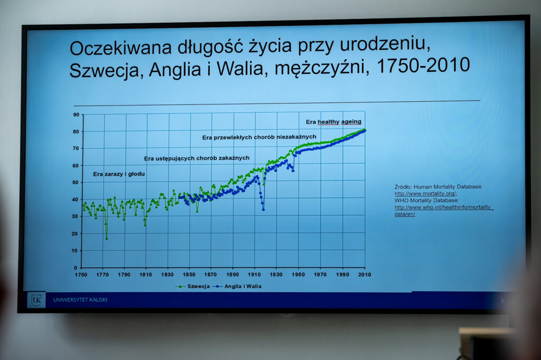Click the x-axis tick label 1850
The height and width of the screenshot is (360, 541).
coord(189,274)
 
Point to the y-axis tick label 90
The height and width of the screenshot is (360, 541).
coord(76,115)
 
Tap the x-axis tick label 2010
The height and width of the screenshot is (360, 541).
coord(365,274)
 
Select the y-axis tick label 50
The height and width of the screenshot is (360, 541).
coord(76,183)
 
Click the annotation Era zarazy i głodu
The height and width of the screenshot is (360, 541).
coord(119,174)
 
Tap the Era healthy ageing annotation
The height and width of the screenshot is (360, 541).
coord(334,122)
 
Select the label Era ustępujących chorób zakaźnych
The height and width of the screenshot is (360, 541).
coord(197,158)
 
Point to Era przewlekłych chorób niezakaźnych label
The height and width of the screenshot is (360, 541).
coord(259,137)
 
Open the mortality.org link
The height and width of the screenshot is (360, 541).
coord(425,193)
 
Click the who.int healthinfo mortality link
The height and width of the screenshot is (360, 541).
coord(444,210)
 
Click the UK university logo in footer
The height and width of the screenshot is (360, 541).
coord(36,300)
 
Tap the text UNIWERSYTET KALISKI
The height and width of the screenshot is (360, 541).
coord(80,300)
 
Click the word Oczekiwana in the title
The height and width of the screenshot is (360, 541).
coord(120,48)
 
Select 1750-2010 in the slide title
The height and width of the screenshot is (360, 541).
coord(423,65)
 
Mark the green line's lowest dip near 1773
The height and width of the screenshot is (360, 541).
coord(107,238)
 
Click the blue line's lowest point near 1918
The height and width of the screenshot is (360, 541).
coord(263,210)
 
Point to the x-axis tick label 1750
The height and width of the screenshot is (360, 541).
coord(81,274)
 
